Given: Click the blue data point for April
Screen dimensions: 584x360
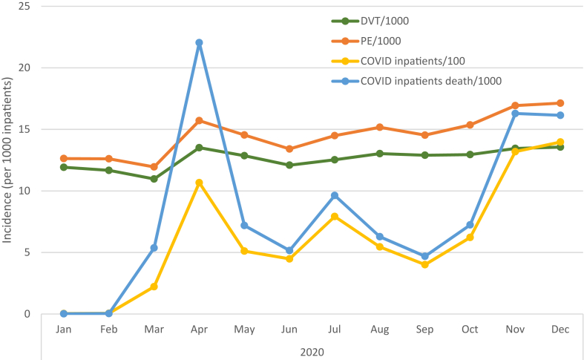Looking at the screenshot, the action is coord(200,43).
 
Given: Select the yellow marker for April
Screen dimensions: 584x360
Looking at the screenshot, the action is coord(200,183).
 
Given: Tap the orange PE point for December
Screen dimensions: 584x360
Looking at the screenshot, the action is coord(560,103).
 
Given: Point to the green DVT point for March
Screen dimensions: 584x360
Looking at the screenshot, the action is coord(154,179).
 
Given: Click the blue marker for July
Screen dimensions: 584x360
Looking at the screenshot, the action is coord(335,196).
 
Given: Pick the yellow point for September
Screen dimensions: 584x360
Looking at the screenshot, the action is coord(425,264).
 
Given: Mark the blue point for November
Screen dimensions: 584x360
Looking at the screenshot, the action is coord(515,114).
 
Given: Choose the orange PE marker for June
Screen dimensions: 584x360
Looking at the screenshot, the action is coord(289,148).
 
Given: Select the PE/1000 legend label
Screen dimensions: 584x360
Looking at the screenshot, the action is coord(381,41).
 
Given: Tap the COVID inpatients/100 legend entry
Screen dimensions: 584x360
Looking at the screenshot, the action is coord(413,61).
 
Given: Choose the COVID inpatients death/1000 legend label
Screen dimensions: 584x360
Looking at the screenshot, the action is coord(431,81).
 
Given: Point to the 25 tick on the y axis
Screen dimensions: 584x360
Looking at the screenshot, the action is coord(24,7).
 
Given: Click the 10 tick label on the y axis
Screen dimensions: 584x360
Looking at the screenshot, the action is coord(24,191).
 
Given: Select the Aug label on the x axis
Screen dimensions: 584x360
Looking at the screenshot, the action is coord(379,330).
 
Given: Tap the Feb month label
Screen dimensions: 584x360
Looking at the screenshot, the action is coord(109,330).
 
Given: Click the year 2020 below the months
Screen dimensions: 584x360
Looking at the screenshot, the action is coord(312,352).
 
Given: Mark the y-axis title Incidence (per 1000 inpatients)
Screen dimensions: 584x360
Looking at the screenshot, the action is coord(7,160).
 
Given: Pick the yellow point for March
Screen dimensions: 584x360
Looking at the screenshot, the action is coord(154,287).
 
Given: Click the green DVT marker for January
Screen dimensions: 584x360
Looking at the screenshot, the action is coord(64,167).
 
